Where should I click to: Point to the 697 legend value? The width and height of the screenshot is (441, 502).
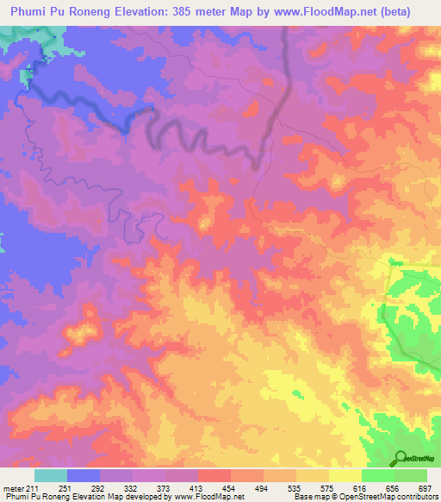click(x=425, y=487)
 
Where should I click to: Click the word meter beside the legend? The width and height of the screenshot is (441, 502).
click(x=16, y=487)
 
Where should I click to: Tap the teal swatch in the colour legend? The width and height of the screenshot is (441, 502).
click(x=51, y=475)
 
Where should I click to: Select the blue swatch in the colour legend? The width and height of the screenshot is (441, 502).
click(x=84, y=475)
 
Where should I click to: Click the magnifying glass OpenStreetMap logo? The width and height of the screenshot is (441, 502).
click(x=402, y=458)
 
